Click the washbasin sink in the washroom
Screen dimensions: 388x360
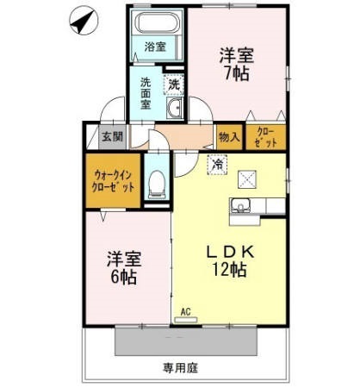(x=176, y=108)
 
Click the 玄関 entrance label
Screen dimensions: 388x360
(x=112, y=136)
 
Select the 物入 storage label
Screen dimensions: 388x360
(x=229, y=137)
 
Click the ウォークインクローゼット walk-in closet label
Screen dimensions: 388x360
(x=114, y=181)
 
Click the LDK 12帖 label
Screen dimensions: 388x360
(x=228, y=260)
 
